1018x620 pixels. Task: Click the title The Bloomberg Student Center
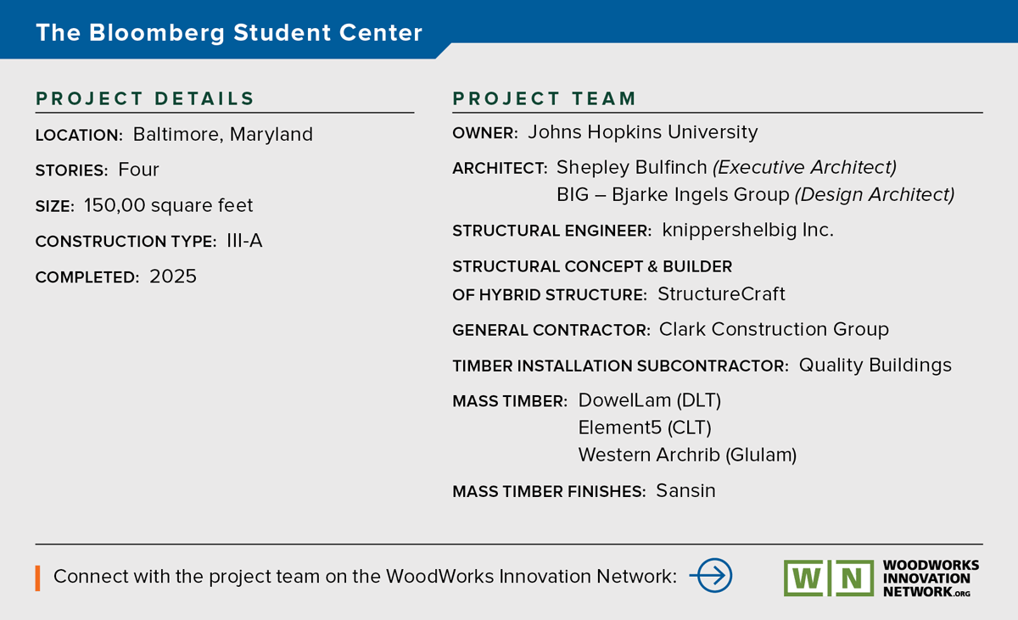(x=229, y=33)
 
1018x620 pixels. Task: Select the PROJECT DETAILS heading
(x=145, y=98)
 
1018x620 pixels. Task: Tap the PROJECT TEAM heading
(x=544, y=98)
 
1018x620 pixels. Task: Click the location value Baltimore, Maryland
(x=222, y=135)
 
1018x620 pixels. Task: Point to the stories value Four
(x=138, y=170)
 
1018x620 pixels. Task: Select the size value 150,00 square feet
(x=168, y=205)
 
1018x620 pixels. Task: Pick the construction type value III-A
(x=244, y=241)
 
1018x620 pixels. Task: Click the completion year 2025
(x=173, y=276)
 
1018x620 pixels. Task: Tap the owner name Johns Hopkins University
(x=643, y=132)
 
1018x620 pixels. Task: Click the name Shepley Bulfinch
(x=632, y=168)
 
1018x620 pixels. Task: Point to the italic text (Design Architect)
(x=875, y=195)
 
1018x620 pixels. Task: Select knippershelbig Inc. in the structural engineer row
(x=747, y=230)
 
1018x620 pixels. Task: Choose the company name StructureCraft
(x=721, y=293)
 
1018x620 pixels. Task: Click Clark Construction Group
(x=774, y=329)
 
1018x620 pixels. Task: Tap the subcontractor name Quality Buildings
(x=875, y=366)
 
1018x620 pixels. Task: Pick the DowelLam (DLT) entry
(x=650, y=400)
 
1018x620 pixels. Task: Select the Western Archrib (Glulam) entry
(x=687, y=455)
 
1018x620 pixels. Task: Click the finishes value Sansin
(x=685, y=491)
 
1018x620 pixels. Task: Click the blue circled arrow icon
(x=711, y=576)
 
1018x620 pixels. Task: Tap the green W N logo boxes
(x=829, y=578)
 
